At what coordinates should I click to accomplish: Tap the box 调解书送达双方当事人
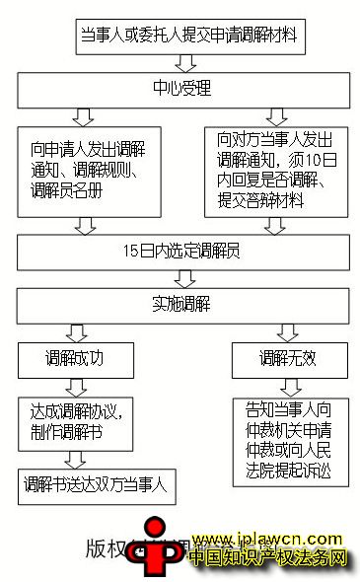point(96,484)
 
